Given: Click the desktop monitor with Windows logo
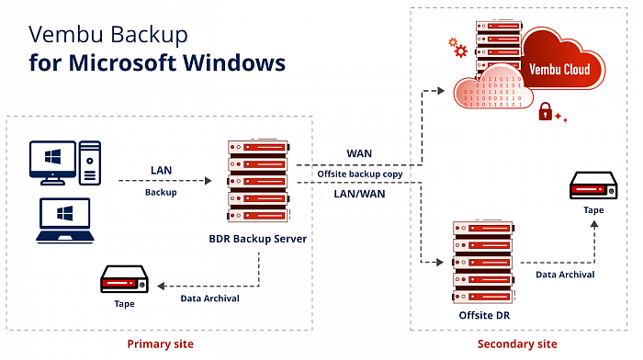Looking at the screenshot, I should [x=53, y=161].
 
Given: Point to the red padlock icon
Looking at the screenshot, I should [x=545, y=112].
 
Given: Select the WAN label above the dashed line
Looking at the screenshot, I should [x=358, y=152].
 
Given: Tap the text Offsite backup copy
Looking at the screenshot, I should [x=358, y=173].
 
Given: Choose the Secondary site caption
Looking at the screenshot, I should [x=517, y=343].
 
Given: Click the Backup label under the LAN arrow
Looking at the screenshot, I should [x=161, y=194].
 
